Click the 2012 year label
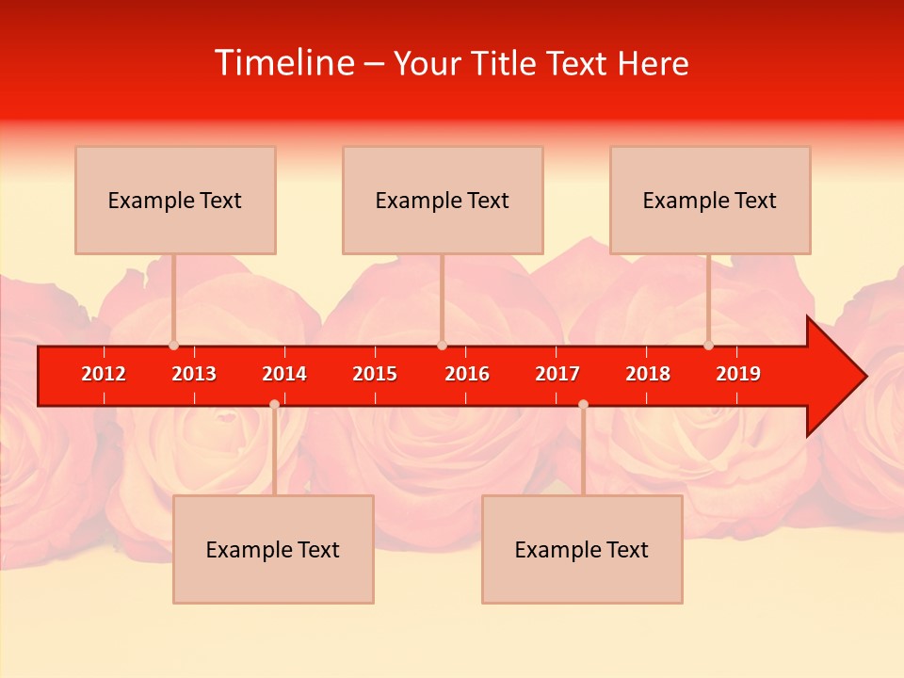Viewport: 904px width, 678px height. (104, 374)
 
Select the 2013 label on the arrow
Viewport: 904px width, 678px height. (194, 374)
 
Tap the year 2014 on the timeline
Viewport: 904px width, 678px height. (284, 374)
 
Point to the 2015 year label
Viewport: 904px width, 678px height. (375, 374)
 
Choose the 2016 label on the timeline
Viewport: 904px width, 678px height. (467, 374)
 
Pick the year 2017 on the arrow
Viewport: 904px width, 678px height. (557, 374)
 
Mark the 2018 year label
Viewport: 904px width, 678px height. (648, 374)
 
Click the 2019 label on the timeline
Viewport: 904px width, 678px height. (738, 374)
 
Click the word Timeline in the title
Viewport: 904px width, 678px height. (283, 63)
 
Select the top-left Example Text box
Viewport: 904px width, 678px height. (175, 200)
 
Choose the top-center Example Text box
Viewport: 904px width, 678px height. (443, 200)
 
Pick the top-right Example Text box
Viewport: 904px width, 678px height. (710, 200)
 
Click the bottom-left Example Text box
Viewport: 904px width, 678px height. (273, 549)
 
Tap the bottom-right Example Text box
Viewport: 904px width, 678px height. (582, 549)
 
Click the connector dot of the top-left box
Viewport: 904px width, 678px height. (173, 346)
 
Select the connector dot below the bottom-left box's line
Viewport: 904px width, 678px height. (274, 404)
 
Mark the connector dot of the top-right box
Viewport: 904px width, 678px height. (708, 346)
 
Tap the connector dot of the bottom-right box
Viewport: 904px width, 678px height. (583, 404)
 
